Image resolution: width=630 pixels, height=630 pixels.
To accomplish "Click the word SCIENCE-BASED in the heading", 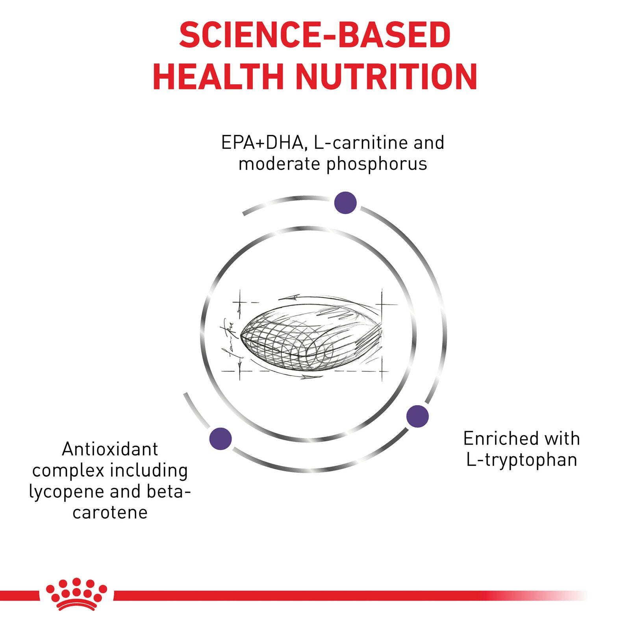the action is click(315, 35).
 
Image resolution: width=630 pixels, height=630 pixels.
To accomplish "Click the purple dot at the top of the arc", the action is click(345, 203).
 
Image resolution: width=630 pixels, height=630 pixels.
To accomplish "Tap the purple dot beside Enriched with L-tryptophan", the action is click(417, 416).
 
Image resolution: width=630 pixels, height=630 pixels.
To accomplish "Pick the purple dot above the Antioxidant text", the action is click(220, 439).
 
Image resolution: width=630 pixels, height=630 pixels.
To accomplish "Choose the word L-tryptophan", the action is click(522, 460).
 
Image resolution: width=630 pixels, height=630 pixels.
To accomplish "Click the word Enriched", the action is click(498, 438).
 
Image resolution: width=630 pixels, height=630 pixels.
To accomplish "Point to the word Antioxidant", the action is click(110, 449).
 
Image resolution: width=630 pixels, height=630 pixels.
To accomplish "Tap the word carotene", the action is click(110, 513).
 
